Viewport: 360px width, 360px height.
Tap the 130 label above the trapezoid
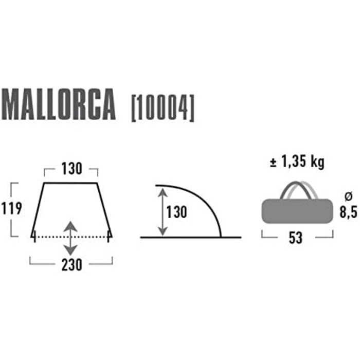tap(71, 169)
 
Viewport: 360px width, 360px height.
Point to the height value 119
tap(11, 209)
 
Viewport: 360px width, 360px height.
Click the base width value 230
tap(71, 266)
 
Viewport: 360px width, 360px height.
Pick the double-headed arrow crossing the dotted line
tap(71, 238)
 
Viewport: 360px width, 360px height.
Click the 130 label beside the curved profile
tap(176, 211)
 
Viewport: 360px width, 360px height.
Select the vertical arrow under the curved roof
tap(163, 211)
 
